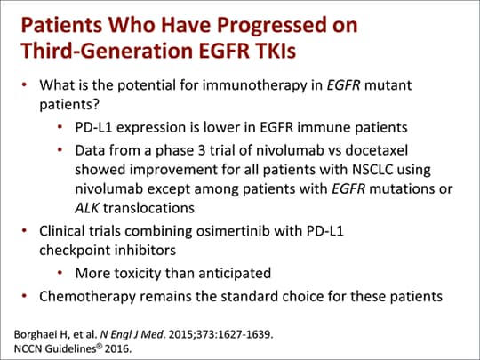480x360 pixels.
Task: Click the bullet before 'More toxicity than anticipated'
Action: point(61,272)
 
